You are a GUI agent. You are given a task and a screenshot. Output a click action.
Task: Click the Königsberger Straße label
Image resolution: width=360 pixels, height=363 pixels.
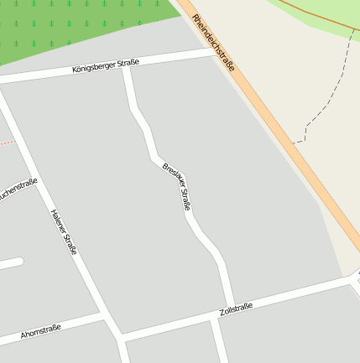pyautogui.click(x=105, y=65)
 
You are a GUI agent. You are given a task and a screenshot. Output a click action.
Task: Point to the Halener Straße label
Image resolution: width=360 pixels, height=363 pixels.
pyautogui.click(x=64, y=231)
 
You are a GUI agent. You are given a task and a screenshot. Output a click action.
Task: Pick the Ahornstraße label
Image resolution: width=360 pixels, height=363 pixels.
pyautogui.click(x=41, y=332)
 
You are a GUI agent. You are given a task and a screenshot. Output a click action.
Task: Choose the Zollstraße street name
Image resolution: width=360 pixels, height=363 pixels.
pyautogui.click(x=235, y=311)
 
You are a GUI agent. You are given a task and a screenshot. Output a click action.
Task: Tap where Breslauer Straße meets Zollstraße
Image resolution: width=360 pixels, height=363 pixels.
pyautogui.click(x=230, y=304)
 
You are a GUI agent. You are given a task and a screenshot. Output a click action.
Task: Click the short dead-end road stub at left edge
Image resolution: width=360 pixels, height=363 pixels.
pyautogui.click(x=10, y=264)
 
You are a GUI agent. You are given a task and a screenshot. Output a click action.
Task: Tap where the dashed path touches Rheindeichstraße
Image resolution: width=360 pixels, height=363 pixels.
pyautogui.click(x=295, y=143)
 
